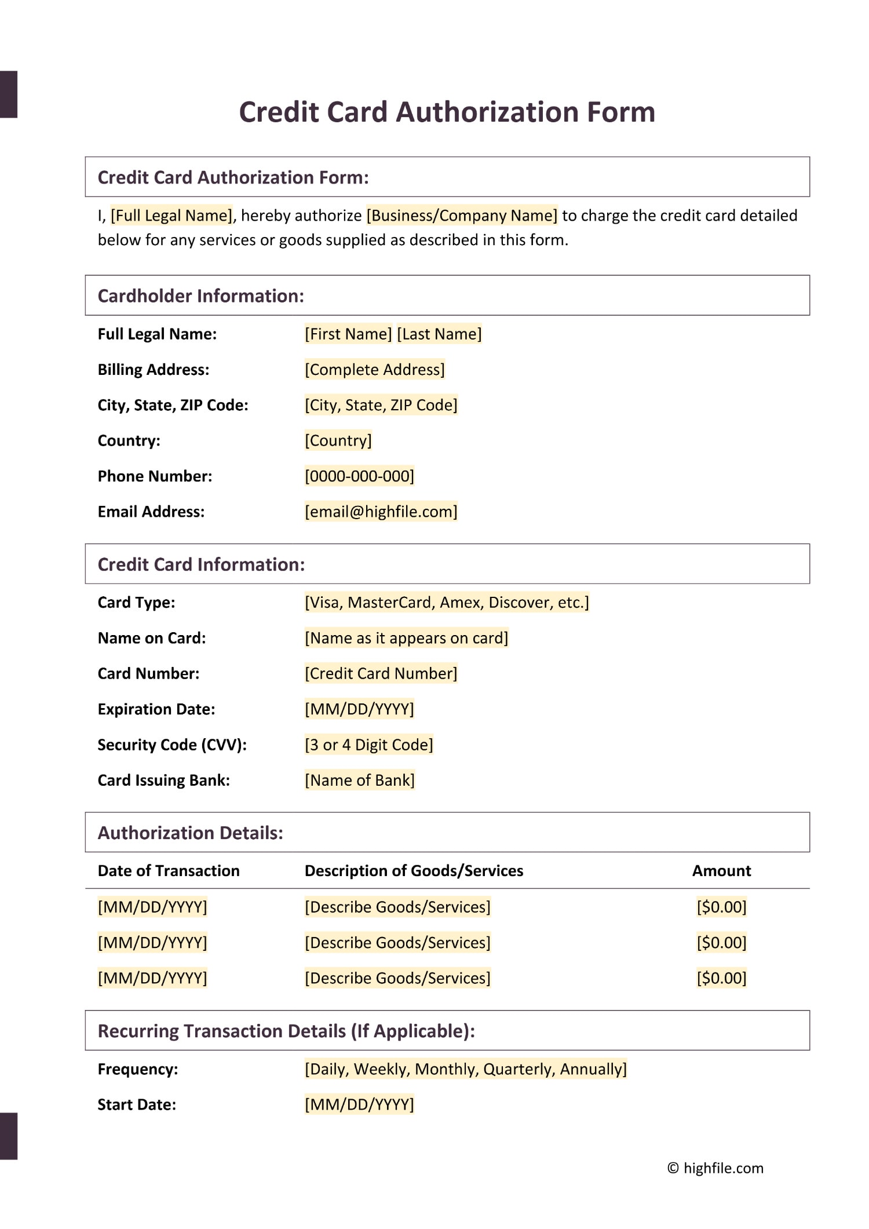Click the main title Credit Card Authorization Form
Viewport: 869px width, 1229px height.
pos(447,112)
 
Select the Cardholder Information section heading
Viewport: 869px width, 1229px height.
pos(200,296)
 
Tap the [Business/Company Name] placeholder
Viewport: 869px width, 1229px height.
pos(462,216)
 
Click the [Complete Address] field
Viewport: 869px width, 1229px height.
pos(375,370)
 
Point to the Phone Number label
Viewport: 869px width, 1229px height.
pos(155,476)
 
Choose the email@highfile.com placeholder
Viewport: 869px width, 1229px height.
pos(381,512)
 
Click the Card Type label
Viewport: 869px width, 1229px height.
pos(136,603)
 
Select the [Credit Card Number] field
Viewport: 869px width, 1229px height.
pos(381,673)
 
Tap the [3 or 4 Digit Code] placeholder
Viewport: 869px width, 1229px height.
pos(369,745)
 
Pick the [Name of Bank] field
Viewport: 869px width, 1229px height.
pos(360,780)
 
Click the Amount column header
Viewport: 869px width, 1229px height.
pos(721,871)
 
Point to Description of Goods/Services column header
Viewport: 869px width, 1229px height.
pos(414,871)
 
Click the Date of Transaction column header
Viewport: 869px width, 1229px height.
pos(169,871)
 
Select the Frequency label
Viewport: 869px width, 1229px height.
pos(138,1069)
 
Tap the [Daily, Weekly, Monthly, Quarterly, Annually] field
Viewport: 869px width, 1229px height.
pos(466,1069)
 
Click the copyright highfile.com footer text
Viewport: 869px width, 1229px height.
pos(715,1168)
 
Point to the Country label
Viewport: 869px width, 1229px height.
pos(129,441)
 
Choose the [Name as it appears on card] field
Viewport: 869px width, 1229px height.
pos(407,638)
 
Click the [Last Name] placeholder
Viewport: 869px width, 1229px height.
pos(439,334)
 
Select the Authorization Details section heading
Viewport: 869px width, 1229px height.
pos(190,833)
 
